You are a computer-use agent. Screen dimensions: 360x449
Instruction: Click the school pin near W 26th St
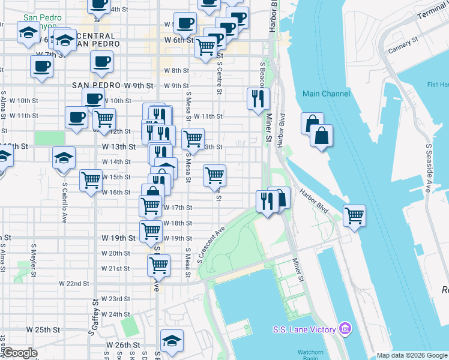[x=172, y=341]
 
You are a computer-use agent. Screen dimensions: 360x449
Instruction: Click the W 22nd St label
[x=74, y=283]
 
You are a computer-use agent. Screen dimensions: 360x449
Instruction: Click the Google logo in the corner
[x=19, y=353]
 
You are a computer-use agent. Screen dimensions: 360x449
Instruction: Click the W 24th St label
[x=115, y=314]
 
